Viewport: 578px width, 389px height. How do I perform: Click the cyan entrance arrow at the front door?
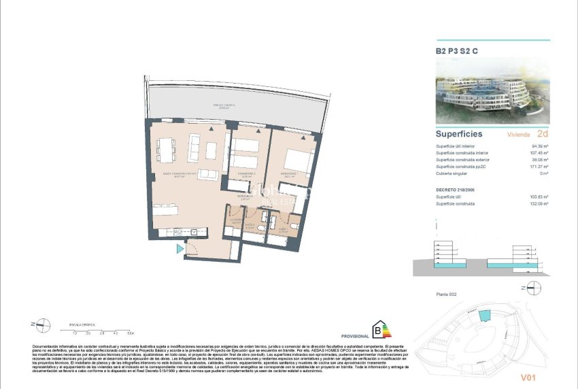coord(180,250)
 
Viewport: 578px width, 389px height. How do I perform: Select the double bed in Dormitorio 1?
coord(294,160)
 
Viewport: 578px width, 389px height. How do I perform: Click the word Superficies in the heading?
coord(459,134)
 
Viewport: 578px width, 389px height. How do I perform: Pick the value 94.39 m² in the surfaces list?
coord(539,146)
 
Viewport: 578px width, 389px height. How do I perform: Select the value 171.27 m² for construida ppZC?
coord(539,167)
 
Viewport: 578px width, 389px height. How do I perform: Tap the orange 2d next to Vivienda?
coord(542,134)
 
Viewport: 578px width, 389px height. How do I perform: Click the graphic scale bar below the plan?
coord(103,329)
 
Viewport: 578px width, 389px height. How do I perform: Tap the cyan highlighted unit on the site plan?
coord(483,316)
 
